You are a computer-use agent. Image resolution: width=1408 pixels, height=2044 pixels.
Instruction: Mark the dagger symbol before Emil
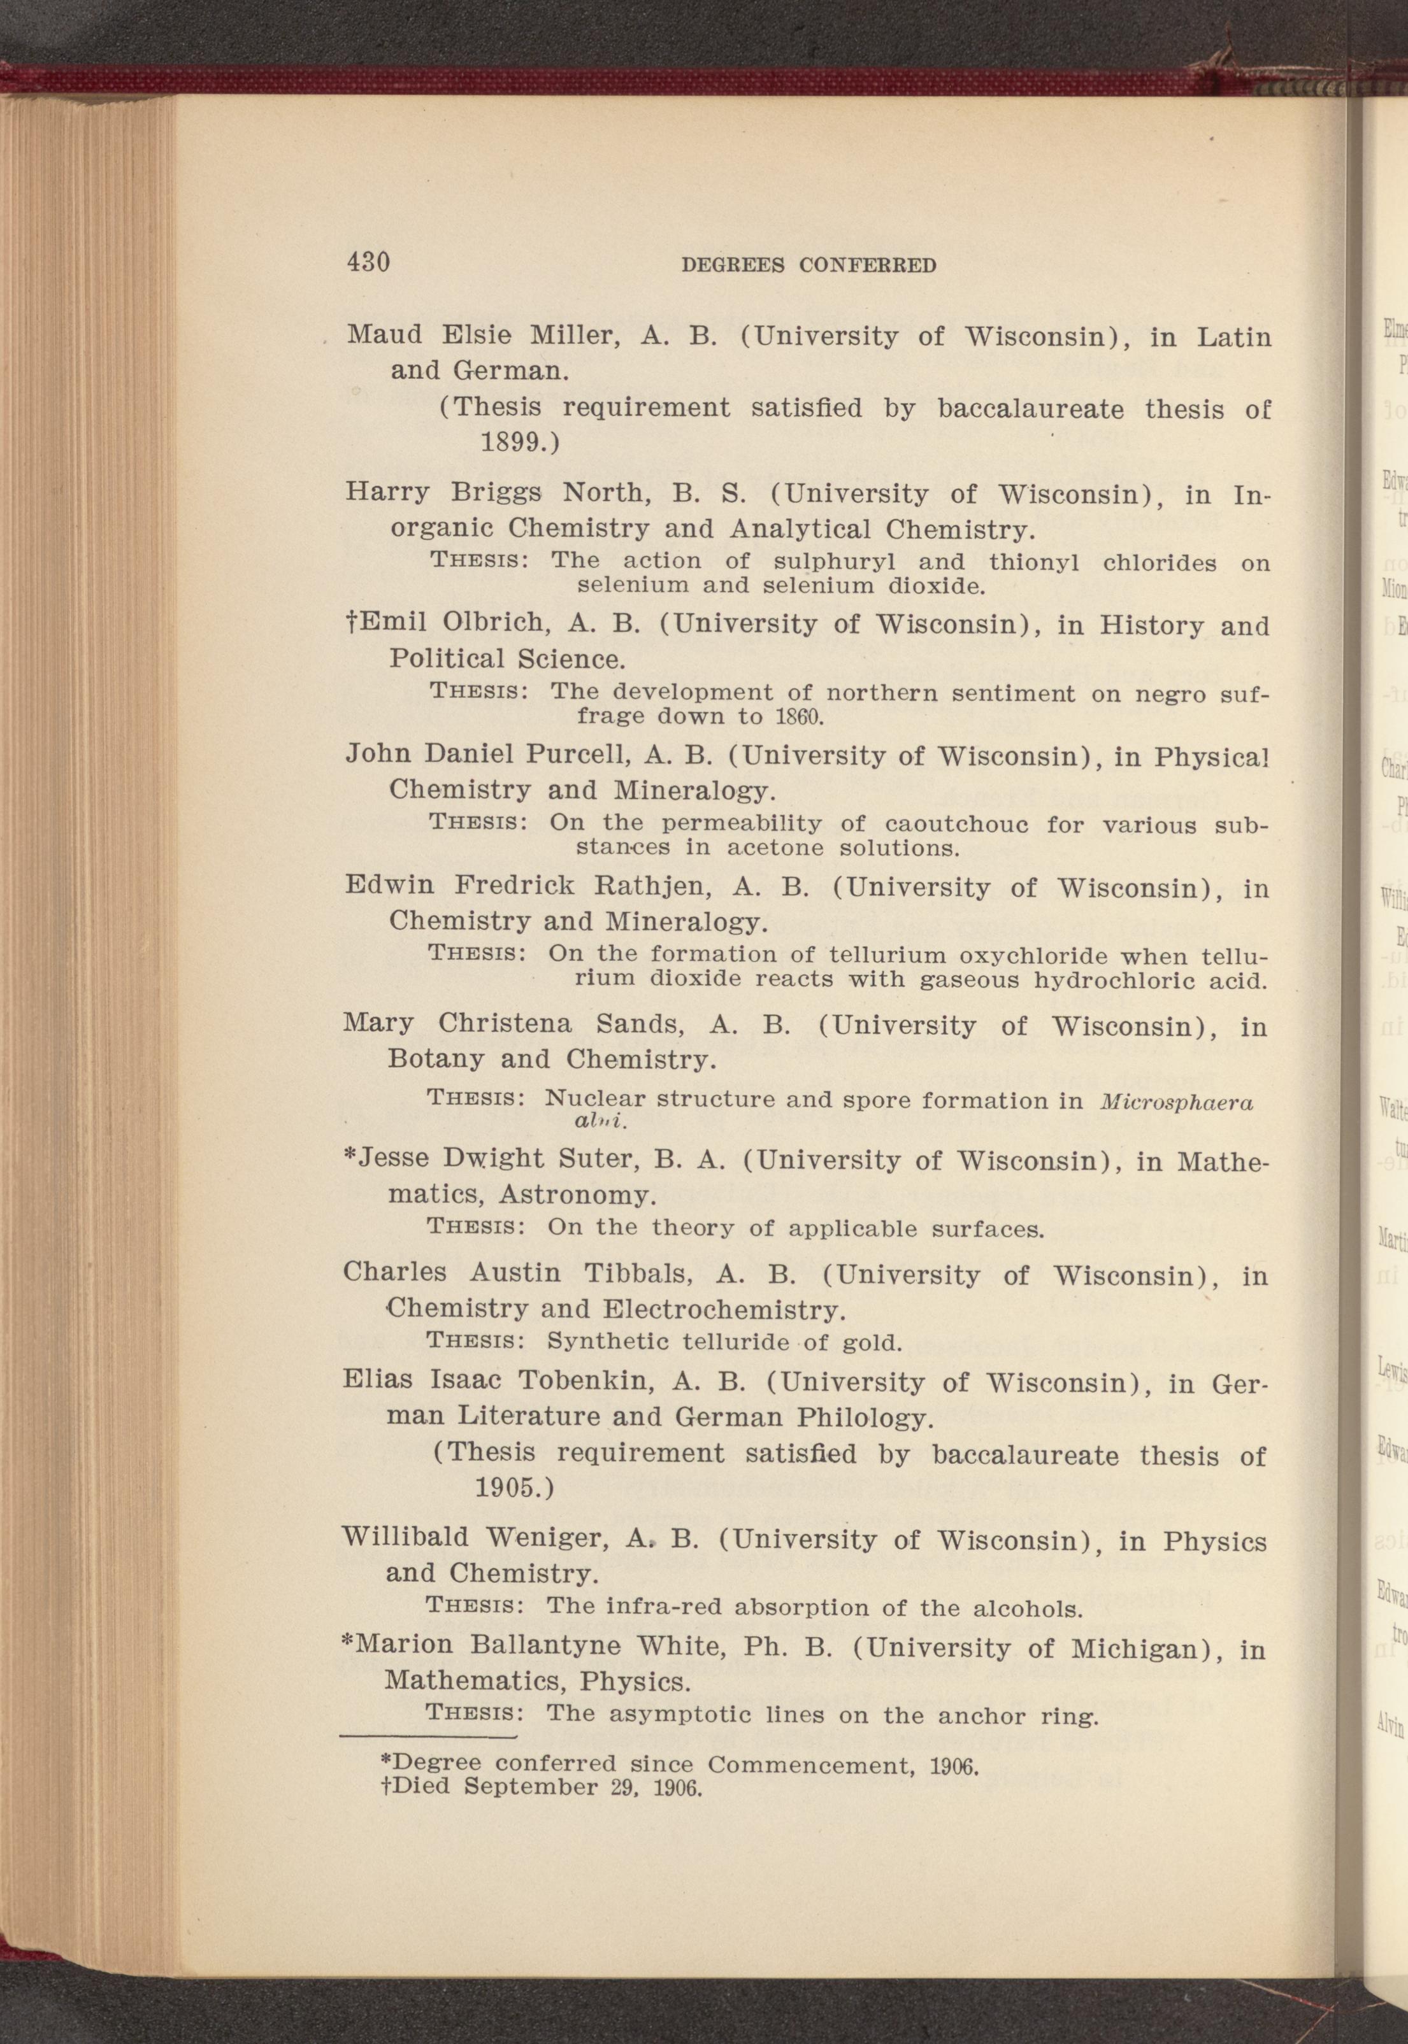click(351, 623)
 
